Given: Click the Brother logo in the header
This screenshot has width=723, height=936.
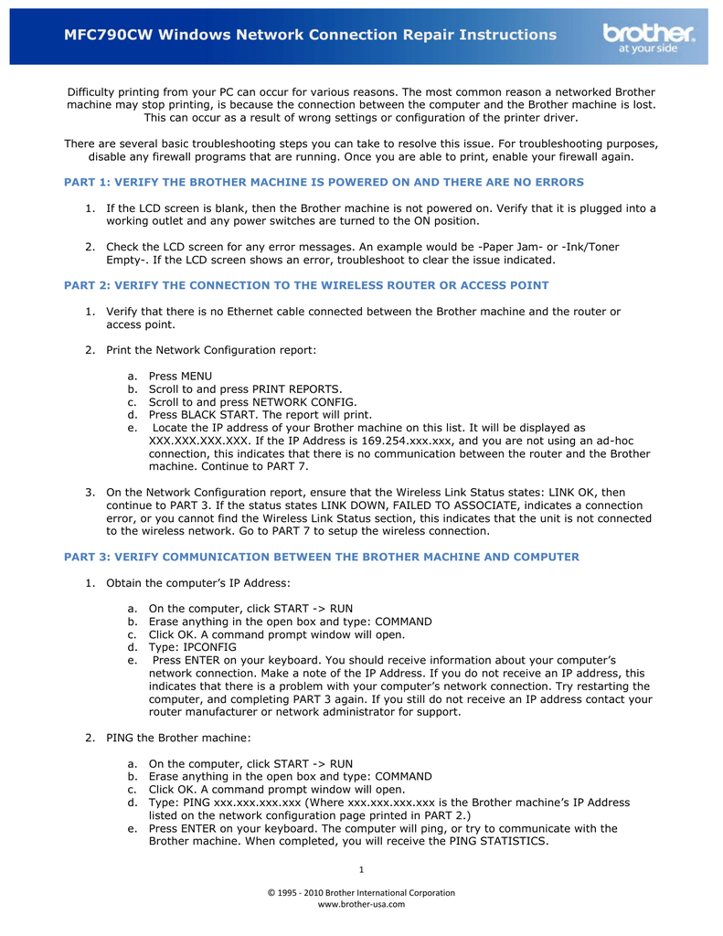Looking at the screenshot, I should click(x=649, y=37).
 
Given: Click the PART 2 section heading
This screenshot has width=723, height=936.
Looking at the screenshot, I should click(x=306, y=285).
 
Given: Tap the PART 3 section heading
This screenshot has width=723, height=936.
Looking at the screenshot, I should click(x=321, y=557).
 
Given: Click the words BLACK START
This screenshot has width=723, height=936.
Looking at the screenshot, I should click(x=223, y=414).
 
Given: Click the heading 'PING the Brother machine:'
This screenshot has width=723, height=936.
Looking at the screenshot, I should click(x=178, y=737).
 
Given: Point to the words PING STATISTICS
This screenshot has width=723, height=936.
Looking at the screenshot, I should click(x=498, y=842).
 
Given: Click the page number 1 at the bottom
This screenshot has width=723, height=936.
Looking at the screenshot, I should click(x=361, y=868).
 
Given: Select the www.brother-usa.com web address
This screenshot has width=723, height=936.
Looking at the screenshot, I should click(x=361, y=904).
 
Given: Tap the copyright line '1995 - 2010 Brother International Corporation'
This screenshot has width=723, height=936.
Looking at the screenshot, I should click(x=366, y=892).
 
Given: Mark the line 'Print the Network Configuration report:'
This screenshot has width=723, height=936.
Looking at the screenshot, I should click(x=211, y=350).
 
